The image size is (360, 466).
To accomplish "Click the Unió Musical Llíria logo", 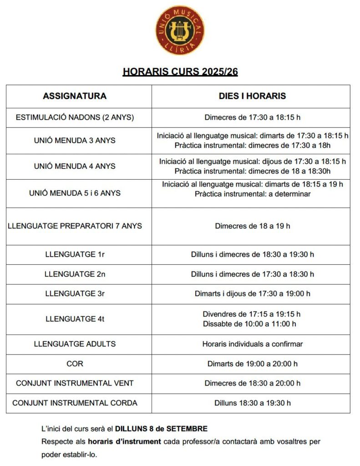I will tap(180, 30).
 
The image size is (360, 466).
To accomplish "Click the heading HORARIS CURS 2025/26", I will tap(180, 72).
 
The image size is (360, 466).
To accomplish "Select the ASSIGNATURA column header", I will tap(75, 96).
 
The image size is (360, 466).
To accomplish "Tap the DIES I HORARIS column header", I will tap(252, 96).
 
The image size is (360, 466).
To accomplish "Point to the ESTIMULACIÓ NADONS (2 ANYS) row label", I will tap(75, 117).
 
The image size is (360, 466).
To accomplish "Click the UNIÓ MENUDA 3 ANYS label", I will tap(75, 140).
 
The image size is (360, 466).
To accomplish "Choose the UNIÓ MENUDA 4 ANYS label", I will tap(75, 166).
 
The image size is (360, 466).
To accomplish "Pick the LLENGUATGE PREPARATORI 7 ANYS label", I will tap(75, 226).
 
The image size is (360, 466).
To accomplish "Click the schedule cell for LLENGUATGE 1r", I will tap(252, 254).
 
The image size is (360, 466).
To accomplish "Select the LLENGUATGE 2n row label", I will tap(75, 274).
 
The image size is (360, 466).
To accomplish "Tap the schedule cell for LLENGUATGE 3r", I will tap(252, 294).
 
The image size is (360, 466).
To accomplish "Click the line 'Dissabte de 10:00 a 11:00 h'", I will tap(249, 324).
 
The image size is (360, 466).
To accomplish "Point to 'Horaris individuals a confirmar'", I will tap(252, 344).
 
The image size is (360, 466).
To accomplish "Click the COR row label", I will tap(75, 364).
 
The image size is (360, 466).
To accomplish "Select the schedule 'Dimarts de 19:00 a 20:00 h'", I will tap(252, 364).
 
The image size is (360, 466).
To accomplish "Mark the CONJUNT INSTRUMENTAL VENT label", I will tap(75, 383).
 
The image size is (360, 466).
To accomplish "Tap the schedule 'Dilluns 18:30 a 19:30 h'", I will tap(252, 403).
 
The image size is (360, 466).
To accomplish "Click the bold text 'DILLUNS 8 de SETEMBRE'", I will tap(161, 429).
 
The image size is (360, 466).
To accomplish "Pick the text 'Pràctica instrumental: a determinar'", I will tap(252, 194).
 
